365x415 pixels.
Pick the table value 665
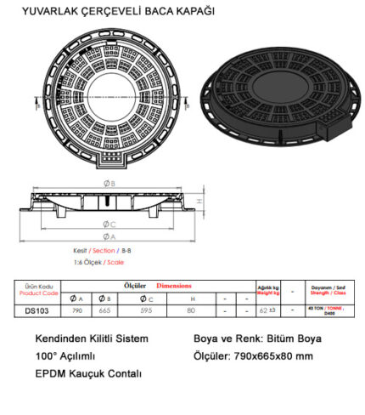105,311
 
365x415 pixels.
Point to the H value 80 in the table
193,311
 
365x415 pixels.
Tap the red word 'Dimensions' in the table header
175,286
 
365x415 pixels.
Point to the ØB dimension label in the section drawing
108,183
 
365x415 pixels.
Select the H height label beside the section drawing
199,201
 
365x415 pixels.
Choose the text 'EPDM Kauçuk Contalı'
88,373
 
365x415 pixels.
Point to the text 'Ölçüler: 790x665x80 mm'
255,355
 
